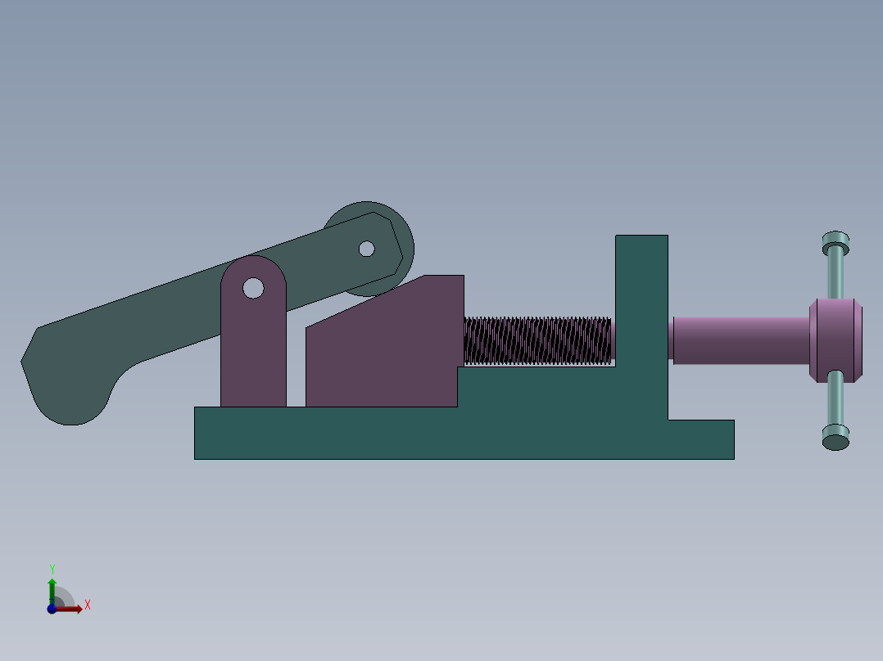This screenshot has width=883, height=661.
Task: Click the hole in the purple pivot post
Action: pyautogui.click(x=253, y=288)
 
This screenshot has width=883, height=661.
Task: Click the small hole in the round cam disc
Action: pyautogui.click(x=367, y=249)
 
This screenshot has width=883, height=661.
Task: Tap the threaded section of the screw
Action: pyautogui.click(x=537, y=340)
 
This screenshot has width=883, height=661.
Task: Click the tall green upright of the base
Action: pyautogui.click(x=641, y=315)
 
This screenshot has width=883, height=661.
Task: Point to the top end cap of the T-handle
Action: pyautogui.click(x=835, y=242)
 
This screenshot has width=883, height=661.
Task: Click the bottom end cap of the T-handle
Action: pyautogui.click(x=835, y=438)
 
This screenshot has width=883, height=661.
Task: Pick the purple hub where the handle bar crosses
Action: pyautogui.click(x=835, y=340)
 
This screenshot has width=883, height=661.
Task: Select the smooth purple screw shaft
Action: pyautogui.click(x=741, y=340)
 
